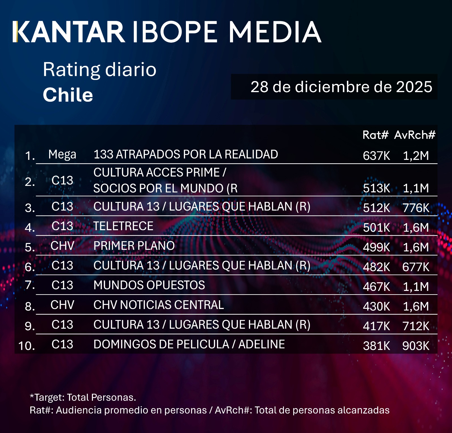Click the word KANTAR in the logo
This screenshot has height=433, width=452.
(x=69, y=32)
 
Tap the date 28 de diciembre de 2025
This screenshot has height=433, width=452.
(x=341, y=87)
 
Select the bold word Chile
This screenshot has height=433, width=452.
(x=68, y=95)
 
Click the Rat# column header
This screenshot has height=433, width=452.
(x=375, y=135)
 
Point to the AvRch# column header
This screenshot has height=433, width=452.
(x=415, y=135)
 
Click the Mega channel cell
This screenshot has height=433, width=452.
(x=62, y=155)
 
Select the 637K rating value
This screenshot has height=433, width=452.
(x=376, y=156)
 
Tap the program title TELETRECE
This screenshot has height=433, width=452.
(x=123, y=226)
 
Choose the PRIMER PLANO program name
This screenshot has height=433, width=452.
(x=134, y=246)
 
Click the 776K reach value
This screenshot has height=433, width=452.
(x=416, y=208)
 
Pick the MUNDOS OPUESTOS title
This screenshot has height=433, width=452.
(x=149, y=285)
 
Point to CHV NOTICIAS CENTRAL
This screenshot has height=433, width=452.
(x=158, y=305)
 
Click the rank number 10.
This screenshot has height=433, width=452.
(x=27, y=346)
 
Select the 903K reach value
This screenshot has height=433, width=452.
(x=416, y=346)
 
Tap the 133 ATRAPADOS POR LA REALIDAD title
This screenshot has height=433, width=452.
(x=186, y=155)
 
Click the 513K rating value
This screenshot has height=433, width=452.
(x=376, y=188)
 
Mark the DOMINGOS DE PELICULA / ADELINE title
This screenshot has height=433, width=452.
(x=189, y=344)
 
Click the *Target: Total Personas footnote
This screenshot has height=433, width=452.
(x=83, y=397)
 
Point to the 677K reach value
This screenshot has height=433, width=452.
(x=416, y=267)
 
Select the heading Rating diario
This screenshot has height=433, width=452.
(x=99, y=69)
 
